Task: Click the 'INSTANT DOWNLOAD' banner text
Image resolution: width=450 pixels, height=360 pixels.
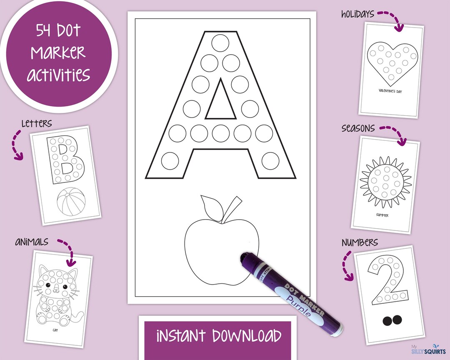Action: [218, 336]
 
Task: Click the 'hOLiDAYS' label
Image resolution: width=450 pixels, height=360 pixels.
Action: [357, 14]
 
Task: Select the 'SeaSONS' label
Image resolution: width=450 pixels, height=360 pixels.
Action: [358, 128]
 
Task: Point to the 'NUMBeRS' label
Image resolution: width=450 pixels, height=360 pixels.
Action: [360, 242]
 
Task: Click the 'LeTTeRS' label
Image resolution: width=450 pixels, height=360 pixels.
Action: [37, 123]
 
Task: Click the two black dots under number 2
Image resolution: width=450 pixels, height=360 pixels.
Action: [392, 320]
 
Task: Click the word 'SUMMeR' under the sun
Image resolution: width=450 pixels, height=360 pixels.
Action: [382, 215]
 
